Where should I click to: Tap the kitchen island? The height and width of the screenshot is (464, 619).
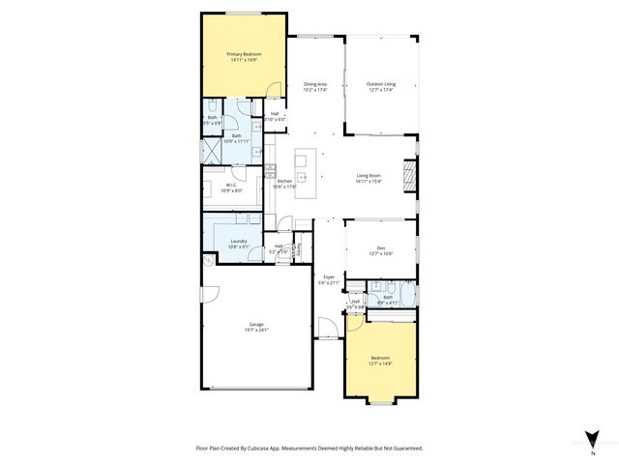303,165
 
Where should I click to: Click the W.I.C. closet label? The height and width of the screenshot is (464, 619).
231,185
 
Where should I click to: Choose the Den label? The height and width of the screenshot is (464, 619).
380,248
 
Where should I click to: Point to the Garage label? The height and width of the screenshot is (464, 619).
256,324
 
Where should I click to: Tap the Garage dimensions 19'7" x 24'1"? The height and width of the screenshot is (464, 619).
256,330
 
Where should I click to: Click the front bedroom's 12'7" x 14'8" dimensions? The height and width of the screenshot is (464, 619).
380,363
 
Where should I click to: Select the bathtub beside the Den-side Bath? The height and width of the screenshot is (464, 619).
408,296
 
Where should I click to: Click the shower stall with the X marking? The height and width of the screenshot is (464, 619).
209,152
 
